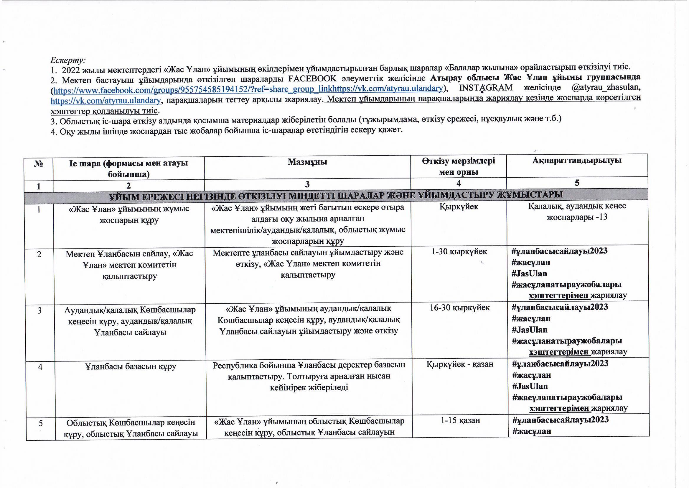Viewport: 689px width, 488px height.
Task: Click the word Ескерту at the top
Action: pyautogui.click(x=67, y=60)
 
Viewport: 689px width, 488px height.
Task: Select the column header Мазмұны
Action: pyautogui.click(x=307, y=162)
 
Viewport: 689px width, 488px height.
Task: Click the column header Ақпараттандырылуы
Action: pyautogui.click(x=577, y=161)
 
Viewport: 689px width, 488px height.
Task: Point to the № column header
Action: pyautogui.click(x=39, y=164)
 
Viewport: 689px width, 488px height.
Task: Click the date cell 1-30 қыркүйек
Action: pyautogui.click(x=459, y=251)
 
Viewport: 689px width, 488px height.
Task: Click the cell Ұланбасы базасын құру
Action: pyautogui.click(x=130, y=367)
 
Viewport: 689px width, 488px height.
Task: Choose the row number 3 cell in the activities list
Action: pyautogui.click(x=39, y=310)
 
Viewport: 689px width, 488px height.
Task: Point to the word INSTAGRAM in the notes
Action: pyautogui.click(x=486, y=88)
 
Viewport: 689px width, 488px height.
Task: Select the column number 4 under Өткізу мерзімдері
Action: pyautogui.click(x=458, y=183)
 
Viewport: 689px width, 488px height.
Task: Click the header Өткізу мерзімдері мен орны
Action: pyautogui.click(x=458, y=166)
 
